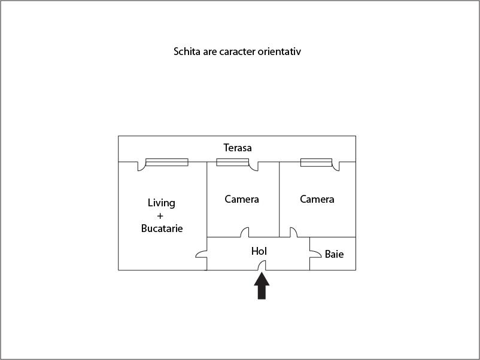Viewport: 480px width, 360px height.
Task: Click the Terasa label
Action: point(238,148)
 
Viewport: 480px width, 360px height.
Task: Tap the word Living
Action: point(162,203)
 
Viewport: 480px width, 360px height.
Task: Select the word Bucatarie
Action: point(162,228)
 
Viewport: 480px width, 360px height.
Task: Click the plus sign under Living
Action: point(160,216)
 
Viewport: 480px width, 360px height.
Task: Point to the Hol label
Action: point(259,251)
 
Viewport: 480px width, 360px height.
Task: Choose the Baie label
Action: point(334,254)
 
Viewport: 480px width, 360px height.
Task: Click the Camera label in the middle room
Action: point(242,199)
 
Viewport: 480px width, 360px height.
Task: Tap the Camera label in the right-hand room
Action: point(317,199)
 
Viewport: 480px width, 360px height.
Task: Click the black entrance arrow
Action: point(262,286)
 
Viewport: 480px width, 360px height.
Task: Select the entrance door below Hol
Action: point(262,265)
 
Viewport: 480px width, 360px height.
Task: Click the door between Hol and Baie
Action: point(315,254)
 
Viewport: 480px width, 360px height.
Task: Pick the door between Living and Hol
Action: point(201,254)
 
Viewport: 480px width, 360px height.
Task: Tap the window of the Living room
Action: point(167,162)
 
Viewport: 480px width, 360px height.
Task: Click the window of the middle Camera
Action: point(233,162)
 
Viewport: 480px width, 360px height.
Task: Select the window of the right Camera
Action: point(316,163)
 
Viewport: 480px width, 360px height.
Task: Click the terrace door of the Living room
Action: point(141,166)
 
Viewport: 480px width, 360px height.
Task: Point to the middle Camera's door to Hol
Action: point(245,232)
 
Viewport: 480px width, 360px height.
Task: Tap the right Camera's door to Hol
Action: point(294,232)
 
